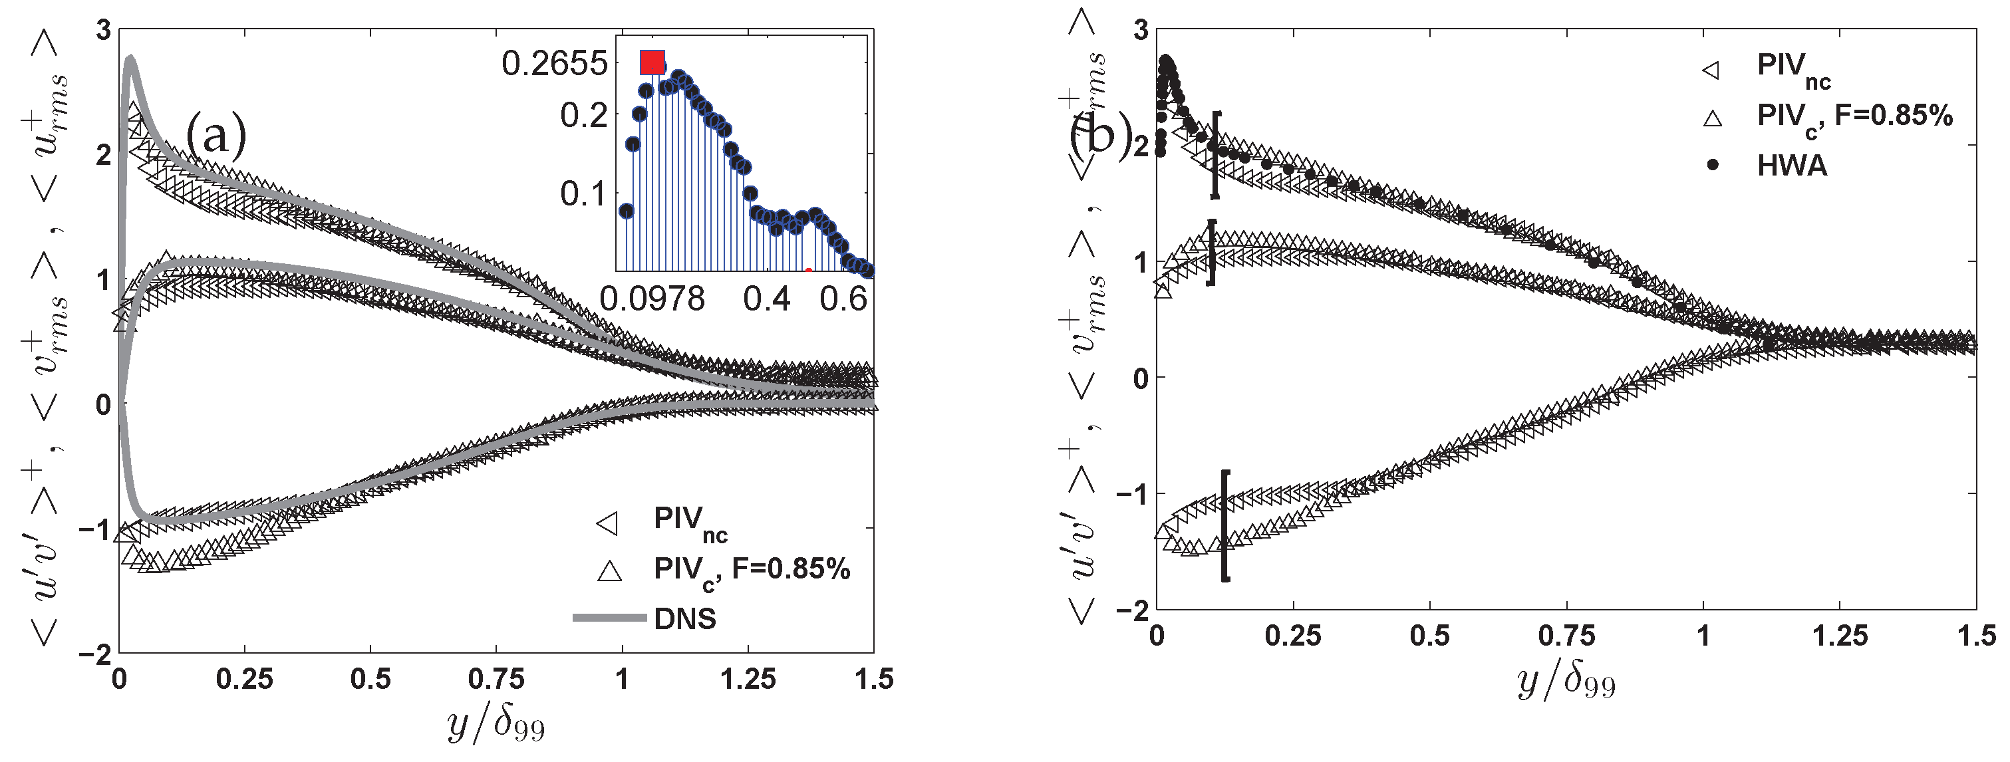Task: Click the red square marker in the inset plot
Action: pyautogui.click(x=652, y=63)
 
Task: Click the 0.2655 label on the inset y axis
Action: pyautogui.click(x=554, y=64)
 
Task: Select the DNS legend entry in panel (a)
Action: pyautogui.click(x=684, y=618)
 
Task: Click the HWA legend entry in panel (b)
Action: pyautogui.click(x=1792, y=166)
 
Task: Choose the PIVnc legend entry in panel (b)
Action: pyautogui.click(x=1793, y=68)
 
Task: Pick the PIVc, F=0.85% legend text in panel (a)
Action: pyautogui.click(x=752, y=570)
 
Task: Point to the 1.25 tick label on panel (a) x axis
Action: pyautogui.click(x=748, y=680)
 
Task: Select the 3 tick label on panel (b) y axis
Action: pyautogui.click(x=1141, y=31)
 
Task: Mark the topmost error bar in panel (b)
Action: pyautogui.click(x=1216, y=154)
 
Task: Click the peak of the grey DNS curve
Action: pyautogui.click(x=130, y=58)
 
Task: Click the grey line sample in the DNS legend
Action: pyautogui.click(x=609, y=618)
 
